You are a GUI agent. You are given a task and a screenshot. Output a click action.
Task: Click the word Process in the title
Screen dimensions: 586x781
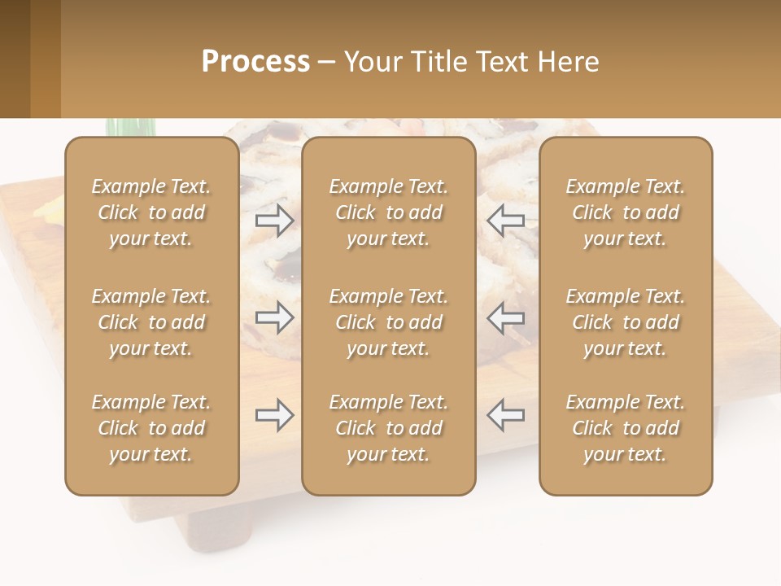pyautogui.click(x=255, y=62)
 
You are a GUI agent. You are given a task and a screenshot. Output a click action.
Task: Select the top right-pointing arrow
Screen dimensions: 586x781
pyautogui.click(x=275, y=220)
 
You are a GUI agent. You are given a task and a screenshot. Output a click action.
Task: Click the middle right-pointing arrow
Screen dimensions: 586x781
pyautogui.click(x=275, y=317)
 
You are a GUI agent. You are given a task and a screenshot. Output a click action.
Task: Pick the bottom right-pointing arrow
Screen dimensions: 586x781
pyautogui.click(x=275, y=415)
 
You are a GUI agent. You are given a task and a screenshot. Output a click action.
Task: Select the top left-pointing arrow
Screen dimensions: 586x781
pyautogui.click(x=506, y=220)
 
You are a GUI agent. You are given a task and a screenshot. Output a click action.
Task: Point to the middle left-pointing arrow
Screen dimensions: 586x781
pyautogui.click(x=506, y=317)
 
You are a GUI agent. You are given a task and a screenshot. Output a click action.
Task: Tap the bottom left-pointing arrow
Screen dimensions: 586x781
pyautogui.click(x=506, y=415)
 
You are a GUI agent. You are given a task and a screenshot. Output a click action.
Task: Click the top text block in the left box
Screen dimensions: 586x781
pyautogui.click(x=151, y=212)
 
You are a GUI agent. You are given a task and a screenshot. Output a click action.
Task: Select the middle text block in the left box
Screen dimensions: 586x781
pyautogui.click(x=151, y=322)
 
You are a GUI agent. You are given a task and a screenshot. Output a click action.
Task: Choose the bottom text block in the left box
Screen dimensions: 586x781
pyautogui.click(x=151, y=428)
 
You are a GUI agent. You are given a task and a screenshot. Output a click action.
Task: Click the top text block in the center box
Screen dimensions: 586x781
pyautogui.click(x=389, y=212)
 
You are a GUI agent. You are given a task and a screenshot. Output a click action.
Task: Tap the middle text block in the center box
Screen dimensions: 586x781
pyautogui.click(x=389, y=322)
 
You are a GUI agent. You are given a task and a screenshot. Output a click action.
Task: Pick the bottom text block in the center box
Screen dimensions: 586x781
pyautogui.click(x=389, y=428)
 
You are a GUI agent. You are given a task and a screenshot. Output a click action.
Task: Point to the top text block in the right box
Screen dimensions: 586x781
pyautogui.click(x=626, y=212)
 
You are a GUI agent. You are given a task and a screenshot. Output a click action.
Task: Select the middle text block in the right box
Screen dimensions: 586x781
pyautogui.click(x=626, y=322)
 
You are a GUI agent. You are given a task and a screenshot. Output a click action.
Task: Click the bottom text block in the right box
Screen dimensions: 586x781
pyautogui.click(x=626, y=428)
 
